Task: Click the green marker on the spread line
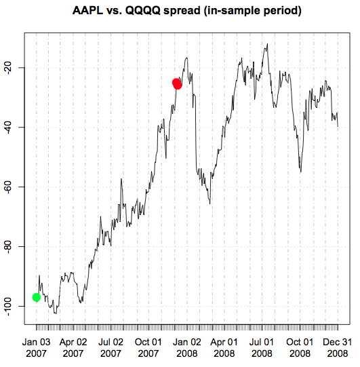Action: [37, 297]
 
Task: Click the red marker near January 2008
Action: [177, 84]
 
